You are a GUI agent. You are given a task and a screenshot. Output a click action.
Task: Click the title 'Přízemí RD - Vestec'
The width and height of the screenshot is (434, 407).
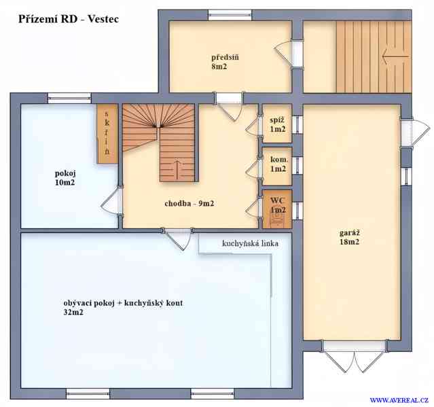point(69,19)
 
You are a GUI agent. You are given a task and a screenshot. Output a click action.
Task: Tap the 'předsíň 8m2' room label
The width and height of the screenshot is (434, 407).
point(225,62)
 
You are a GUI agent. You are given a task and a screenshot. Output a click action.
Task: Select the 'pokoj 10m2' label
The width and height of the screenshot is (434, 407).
point(65,178)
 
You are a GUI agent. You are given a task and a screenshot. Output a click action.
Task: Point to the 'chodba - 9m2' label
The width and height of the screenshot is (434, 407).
point(189,204)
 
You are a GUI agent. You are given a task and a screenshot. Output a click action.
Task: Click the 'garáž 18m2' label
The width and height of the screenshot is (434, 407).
point(350,237)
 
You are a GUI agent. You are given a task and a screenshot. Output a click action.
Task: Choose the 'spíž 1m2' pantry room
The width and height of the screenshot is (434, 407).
point(277,123)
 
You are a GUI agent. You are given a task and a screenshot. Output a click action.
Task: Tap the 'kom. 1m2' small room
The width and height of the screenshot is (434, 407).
point(277,166)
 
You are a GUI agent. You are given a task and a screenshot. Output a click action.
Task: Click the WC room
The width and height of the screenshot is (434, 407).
point(277,209)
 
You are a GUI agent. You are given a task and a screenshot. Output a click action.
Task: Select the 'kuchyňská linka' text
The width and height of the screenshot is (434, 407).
point(250,243)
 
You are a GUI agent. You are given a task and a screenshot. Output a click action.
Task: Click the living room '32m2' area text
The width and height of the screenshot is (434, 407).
point(73,313)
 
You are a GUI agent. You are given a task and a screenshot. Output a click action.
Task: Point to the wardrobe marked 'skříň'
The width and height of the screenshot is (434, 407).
point(107,133)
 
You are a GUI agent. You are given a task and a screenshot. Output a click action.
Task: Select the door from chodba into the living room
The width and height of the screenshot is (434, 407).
point(178,238)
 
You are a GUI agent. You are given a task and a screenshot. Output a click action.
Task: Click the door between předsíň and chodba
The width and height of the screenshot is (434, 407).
point(229,107)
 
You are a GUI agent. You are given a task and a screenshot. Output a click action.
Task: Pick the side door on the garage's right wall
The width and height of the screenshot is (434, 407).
point(414,132)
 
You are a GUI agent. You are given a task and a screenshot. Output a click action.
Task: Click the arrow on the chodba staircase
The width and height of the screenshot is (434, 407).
point(177,169)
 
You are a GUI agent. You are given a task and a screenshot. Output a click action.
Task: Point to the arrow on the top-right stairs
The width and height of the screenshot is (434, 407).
point(395,57)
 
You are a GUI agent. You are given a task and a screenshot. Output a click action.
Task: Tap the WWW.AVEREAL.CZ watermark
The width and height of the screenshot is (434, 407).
point(399,400)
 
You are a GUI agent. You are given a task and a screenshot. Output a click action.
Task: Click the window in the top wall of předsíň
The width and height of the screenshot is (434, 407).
point(230,15)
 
